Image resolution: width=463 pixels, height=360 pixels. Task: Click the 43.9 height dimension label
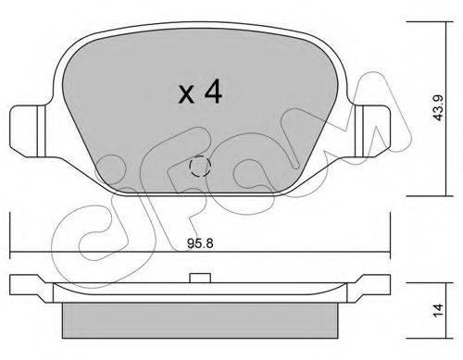click(438, 107)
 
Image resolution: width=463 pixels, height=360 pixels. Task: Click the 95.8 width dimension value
click(200, 243)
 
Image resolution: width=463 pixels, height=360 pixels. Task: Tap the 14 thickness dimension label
click(438, 310)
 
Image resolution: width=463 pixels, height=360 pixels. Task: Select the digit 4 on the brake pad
click(213, 92)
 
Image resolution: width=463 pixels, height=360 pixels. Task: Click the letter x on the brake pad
click(186, 94)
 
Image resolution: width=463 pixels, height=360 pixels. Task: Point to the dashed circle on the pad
click(200, 166)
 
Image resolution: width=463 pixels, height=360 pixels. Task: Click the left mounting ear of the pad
click(28, 131)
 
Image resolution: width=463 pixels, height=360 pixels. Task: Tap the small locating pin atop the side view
click(200, 278)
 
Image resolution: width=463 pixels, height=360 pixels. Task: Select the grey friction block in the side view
click(200, 320)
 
